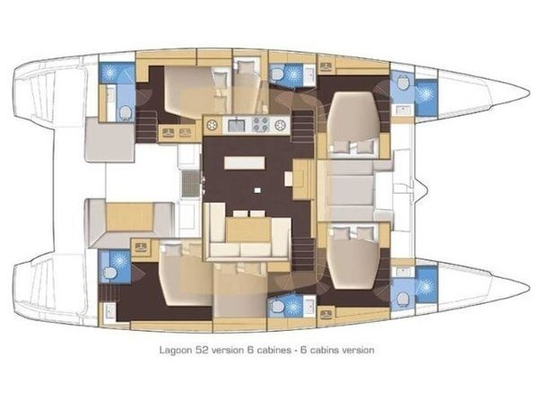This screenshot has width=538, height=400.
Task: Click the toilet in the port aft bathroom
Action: coord(126,111)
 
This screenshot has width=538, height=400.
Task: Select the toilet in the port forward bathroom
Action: coord(403,83)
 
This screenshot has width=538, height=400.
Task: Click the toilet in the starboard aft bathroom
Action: coord(109,274)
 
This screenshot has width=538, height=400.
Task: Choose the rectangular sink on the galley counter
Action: coord(236,126)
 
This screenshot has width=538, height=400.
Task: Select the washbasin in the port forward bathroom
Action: coord(403,109)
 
